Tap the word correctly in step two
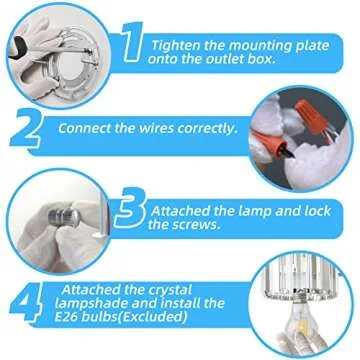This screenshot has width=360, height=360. click(x=205, y=129)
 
